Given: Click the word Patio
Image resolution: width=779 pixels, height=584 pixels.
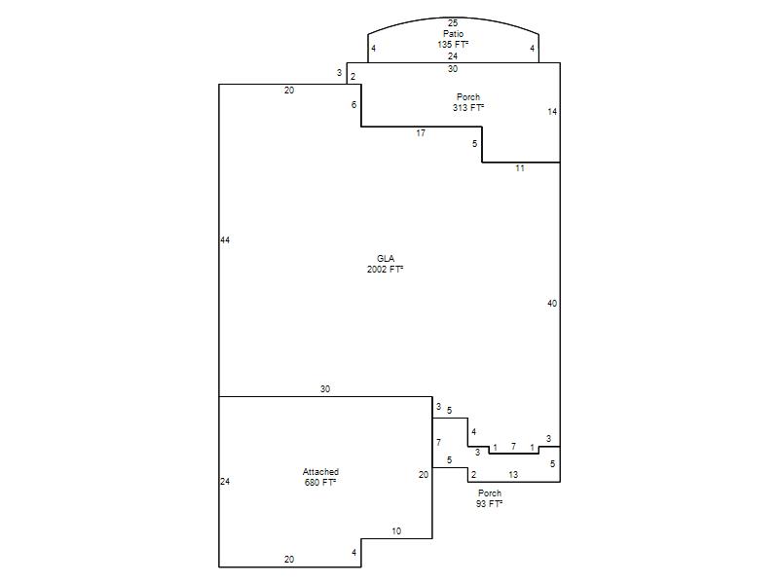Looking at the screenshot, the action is click(453, 34).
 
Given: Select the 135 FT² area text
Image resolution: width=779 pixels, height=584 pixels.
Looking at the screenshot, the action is click(453, 44).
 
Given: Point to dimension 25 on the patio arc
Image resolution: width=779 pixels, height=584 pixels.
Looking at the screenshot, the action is click(453, 22).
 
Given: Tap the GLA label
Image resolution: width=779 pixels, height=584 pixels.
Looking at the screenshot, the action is click(386, 258).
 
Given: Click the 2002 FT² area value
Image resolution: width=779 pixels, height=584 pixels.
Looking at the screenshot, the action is click(385, 270).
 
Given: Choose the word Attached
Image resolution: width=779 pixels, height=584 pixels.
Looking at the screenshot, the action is click(320, 472).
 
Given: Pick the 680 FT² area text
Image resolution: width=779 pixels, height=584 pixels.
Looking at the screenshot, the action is click(320, 482).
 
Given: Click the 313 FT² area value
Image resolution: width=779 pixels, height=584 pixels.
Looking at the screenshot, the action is click(468, 107).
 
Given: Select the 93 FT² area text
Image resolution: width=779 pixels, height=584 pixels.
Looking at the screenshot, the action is click(490, 503).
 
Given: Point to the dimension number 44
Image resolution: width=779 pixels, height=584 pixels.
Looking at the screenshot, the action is click(225, 240).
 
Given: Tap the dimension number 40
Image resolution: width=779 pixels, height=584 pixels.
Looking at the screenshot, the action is click(552, 304).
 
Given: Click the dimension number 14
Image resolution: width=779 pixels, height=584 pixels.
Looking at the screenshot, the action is click(552, 112).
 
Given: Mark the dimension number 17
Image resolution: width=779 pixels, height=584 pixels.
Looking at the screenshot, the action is click(421, 133).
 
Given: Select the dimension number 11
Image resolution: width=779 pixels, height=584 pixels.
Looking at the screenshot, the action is click(520, 168).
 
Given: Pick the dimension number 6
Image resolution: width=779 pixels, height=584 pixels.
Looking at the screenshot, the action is click(353, 105).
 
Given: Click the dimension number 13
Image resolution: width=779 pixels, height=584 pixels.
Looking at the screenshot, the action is click(513, 475).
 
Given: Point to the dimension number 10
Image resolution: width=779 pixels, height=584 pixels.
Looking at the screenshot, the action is click(396, 531).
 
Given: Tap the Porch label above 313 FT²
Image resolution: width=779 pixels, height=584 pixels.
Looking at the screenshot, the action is click(468, 96).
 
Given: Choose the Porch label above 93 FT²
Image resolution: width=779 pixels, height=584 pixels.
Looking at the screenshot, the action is click(490, 493).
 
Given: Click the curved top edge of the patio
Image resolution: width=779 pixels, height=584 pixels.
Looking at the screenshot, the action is click(453, 18).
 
